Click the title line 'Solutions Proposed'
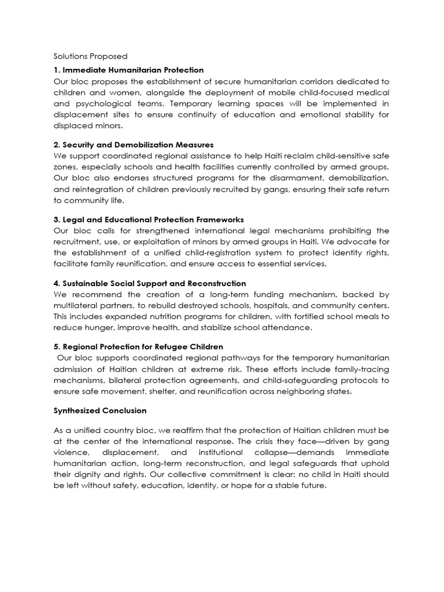pyautogui.click(x=90, y=56)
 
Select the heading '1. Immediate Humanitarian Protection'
pyautogui.click(x=128, y=69)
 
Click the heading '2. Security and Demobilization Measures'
pyautogui.click(x=134, y=144)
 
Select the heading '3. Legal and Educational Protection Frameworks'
pyautogui.click(x=149, y=219)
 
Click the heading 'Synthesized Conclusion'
pyautogui.click(x=100, y=410)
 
